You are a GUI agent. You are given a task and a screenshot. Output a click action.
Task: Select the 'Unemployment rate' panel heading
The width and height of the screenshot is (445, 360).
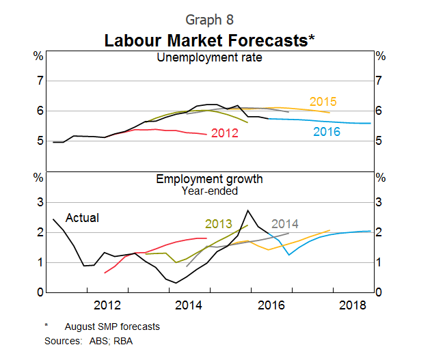[x=209, y=57]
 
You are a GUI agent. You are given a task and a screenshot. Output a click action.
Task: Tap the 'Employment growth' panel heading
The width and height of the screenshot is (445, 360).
[x=209, y=179]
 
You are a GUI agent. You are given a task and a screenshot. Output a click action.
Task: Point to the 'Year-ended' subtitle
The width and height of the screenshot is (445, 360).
[x=209, y=191]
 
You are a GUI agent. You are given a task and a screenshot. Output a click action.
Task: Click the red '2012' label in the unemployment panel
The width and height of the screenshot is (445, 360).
[x=224, y=133]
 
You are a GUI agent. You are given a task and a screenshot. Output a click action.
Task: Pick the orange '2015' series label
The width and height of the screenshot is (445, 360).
[x=323, y=102]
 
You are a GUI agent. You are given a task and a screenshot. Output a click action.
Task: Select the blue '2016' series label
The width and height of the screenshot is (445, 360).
[x=327, y=132]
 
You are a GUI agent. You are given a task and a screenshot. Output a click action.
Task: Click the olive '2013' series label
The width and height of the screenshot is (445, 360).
[x=218, y=223]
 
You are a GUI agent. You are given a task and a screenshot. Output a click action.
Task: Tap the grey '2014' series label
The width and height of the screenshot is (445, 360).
[x=285, y=223]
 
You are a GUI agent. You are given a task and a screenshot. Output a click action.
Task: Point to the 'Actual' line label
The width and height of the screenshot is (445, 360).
[x=82, y=218]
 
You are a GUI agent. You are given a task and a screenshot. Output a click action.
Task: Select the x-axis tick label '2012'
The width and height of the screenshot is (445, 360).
[x=108, y=304]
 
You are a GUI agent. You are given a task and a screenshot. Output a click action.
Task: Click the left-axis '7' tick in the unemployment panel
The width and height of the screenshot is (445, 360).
[x=40, y=81]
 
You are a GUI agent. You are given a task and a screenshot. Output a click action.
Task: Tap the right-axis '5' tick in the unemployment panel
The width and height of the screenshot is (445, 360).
[x=379, y=141]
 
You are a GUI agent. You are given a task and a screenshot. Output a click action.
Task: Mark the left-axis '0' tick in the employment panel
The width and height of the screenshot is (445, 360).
[x=40, y=292]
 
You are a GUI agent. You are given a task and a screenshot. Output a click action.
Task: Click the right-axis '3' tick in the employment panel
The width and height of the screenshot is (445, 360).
[x=379, y=202]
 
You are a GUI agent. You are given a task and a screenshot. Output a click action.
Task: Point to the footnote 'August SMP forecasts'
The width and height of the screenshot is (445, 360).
[x=112, y=327]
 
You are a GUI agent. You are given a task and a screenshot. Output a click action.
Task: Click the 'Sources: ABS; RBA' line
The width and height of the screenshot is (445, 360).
[x=89, y=340]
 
